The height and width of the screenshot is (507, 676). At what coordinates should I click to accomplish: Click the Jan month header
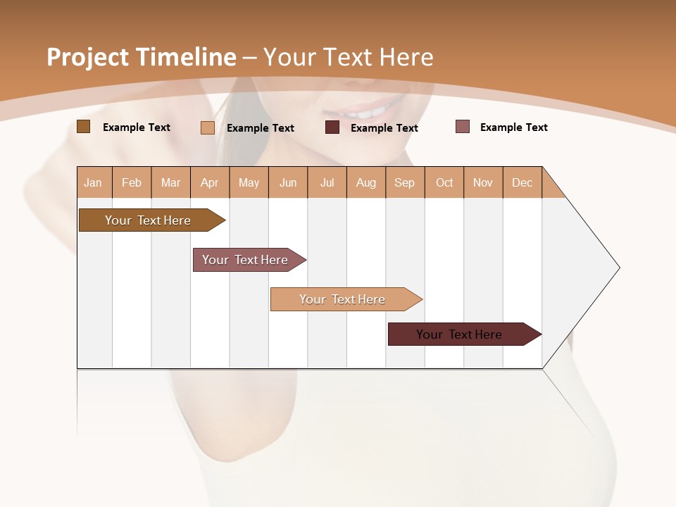pos(93,182)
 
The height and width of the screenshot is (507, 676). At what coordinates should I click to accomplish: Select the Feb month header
pos(132,182)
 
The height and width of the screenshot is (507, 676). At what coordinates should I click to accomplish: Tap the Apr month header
pos(209,182)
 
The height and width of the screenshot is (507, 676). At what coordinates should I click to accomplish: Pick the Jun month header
pos(288,182)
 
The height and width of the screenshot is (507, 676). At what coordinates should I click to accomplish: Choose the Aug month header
pos(366,182)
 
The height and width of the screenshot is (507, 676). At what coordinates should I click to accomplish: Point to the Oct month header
pos(444,182)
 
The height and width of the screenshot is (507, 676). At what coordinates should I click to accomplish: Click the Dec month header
pos(522,182)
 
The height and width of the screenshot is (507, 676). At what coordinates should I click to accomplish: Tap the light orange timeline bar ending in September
pos(342,299)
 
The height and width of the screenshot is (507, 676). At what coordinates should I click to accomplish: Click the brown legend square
pos(83,127)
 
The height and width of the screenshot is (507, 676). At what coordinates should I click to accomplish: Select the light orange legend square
pos(207,127)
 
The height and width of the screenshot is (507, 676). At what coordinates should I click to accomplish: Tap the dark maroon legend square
pos(332,127)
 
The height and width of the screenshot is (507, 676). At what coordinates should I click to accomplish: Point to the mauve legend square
pos(462,127)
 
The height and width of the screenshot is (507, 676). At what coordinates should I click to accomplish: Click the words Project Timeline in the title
pos(141,57)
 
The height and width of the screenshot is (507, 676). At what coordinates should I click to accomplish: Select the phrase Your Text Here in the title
pos(348,57)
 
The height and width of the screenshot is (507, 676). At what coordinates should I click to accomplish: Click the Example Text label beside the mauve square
pos(513,127)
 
